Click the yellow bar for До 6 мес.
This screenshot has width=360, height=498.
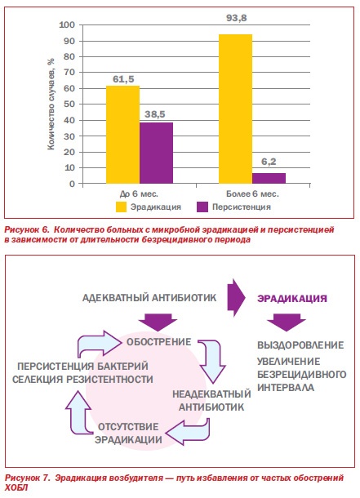click(x=122, y=135)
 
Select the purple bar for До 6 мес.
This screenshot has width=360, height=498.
click(x=156, y=153)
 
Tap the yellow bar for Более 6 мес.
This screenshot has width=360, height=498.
click(x=236, y=109)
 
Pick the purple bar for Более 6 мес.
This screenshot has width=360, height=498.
click(x=269, y=178)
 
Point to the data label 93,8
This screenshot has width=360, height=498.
click(x=237, y=18)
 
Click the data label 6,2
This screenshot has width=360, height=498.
click(x=269, y=162)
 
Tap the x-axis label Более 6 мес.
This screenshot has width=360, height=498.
click(x=252, y=193)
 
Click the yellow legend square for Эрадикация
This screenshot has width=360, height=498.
click(x=121, y=207)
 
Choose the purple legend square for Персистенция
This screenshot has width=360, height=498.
click(x=202, y=207)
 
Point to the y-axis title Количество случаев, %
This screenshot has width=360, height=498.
click(x=51, y=104)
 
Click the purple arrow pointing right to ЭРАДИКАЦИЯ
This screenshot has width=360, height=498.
click(x=236, y=298)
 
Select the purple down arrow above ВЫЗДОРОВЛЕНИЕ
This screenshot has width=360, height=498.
click(x=286, y=322)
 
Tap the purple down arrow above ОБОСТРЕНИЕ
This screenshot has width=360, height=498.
click(x=158, y=322)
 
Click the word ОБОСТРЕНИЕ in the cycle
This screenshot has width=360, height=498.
click(x=158, y=342)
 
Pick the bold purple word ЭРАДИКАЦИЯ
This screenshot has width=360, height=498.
click(x=291, y=299)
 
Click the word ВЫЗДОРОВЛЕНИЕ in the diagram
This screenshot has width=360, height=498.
click(x=300, y=345)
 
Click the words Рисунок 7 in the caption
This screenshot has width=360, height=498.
click(x=27, y=478)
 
